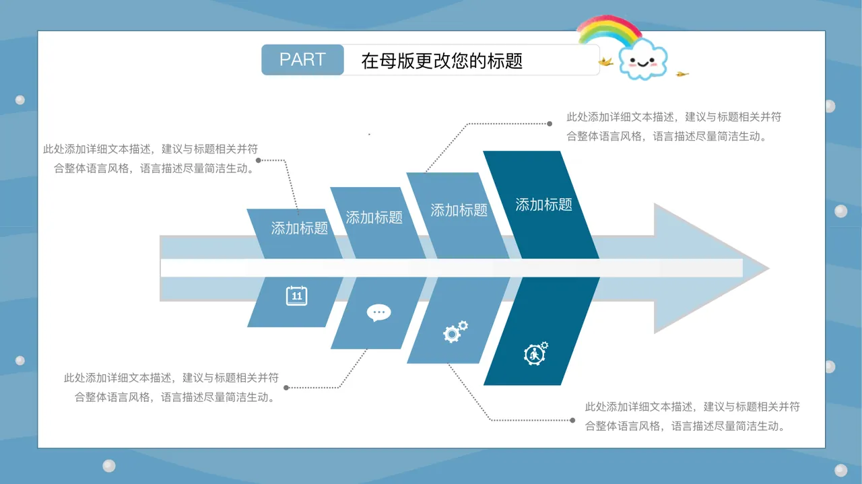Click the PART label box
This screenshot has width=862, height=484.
tap(302, 60)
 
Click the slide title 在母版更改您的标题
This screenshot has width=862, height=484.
tap(442, 61)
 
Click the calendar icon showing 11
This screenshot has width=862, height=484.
tap(296, 296)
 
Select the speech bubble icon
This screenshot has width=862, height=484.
tap(378, 312)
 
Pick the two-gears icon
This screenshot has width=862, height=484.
tap(455, 331)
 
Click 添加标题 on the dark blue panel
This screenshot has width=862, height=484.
tap(543, 204)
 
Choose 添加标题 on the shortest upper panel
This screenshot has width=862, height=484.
tap(299, 228)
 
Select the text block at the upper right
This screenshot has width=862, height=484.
tap(673, 127)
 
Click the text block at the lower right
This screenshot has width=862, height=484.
tap(692, 416)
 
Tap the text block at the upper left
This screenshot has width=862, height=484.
tap(150, 159)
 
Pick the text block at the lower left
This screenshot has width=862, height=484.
tap(171, 388)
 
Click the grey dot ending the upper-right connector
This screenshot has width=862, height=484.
tap(550, 124)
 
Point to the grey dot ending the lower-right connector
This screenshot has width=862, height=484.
tap(572, 420)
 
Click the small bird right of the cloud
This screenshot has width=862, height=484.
tap(683, 73)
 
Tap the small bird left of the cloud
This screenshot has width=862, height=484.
tap(605, 63)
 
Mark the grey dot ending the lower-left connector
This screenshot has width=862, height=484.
tap(286, 388)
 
